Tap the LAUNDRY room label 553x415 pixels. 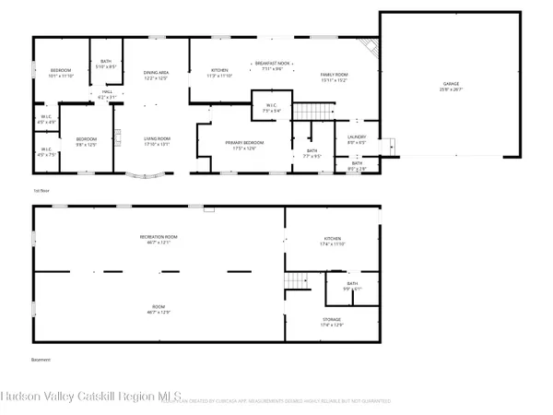(357, 138)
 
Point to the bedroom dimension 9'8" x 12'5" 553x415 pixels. (86, 144)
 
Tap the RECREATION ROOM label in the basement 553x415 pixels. (158, 240)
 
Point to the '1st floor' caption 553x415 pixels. (40, 191)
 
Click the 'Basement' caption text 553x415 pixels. (41, 360)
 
